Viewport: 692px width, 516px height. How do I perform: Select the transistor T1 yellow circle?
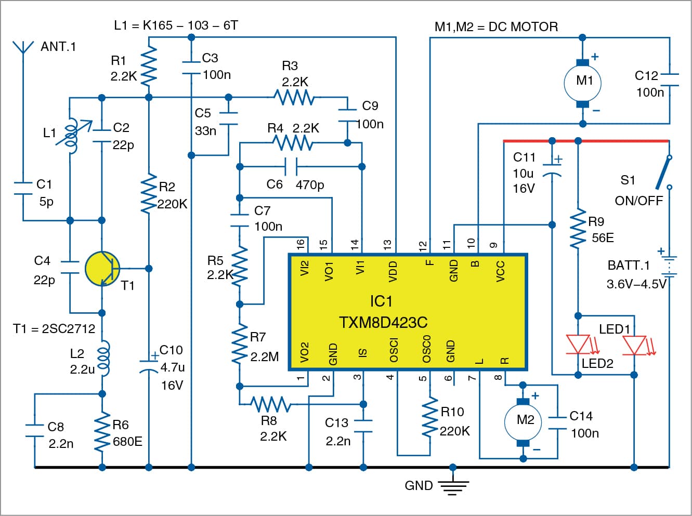click(x=102, y=269)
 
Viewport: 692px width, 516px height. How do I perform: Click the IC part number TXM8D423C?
click(x=383, y=323)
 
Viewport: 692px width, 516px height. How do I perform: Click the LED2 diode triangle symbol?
click(x=578, y=345)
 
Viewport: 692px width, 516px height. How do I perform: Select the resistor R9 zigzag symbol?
click(x=578, y=229)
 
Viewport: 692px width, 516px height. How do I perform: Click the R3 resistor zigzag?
click(x=294, y=97)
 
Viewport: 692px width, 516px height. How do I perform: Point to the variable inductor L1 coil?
click(x=72, y=136)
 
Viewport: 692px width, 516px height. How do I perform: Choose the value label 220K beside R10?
click(x=455, y=431)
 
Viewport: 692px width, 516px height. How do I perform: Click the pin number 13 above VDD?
click(x=387, y=244)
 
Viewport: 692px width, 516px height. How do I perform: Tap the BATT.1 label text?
click(x=629, y=266)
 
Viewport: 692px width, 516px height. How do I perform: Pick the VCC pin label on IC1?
click(x=500, y=271)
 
